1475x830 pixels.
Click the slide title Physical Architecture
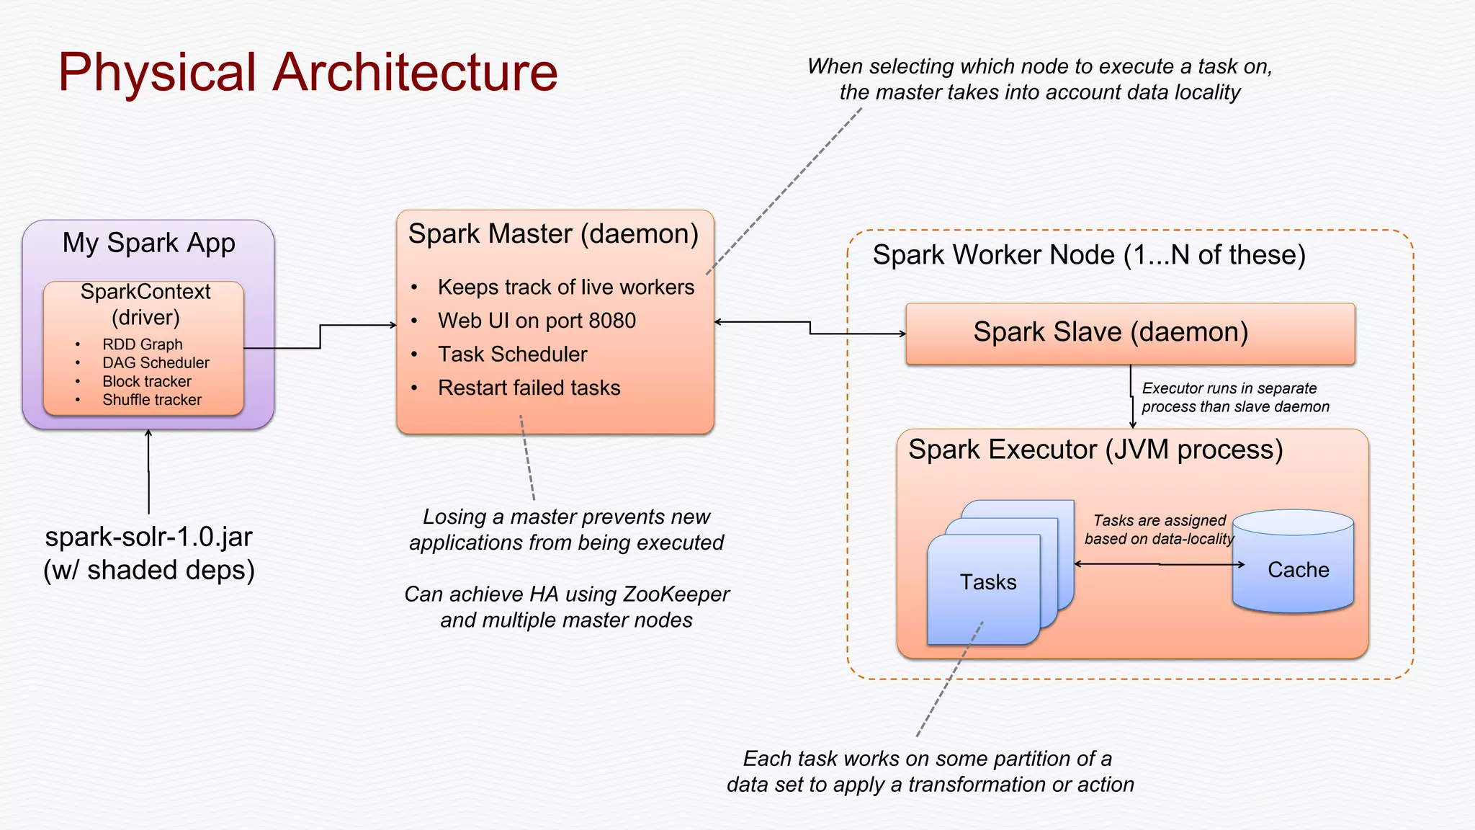click(x=308, y=72)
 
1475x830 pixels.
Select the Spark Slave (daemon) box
click(x=1129, y=333)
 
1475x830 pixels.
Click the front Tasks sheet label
click(x=987, y=582)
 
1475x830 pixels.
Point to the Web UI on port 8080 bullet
click(x=537, y=321)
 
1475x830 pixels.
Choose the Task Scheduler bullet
click(x=512, y=354)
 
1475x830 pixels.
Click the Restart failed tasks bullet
click(x=529, y=388)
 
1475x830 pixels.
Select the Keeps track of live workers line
click(x=565, y=287)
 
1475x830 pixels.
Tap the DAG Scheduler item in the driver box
click(x=156, y=363)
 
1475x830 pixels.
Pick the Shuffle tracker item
click(x=151, y=400)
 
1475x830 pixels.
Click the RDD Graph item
click(x=142, y=344)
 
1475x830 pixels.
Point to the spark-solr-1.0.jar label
click(x=148, y=537)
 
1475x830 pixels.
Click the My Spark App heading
click(x=148, y=244)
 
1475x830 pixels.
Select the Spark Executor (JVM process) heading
click(x=1095, y=450)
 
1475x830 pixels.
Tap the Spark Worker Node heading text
click(x=1088, y=255)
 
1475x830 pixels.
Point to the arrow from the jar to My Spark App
click(x=148, y=472)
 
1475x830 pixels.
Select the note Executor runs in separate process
click(x=1234, y=398)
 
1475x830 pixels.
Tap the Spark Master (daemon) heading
click(x=553, y=234)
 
